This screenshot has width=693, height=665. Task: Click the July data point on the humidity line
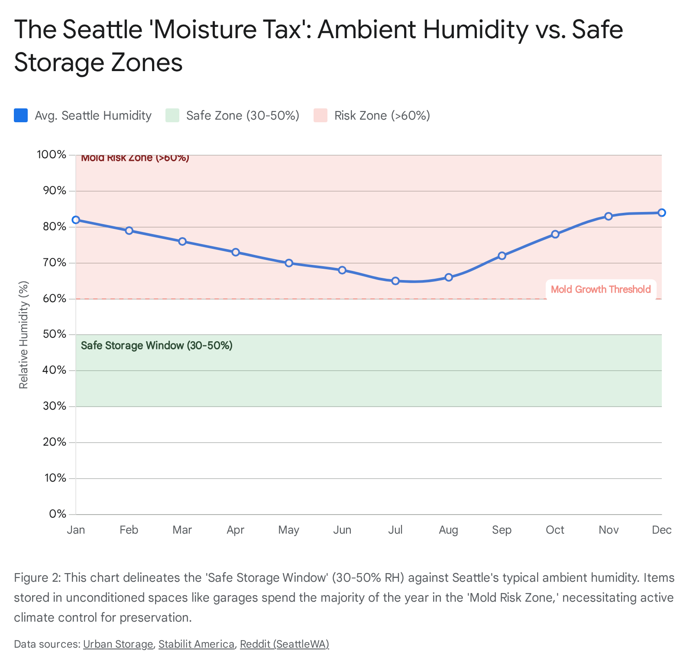coord(395,281)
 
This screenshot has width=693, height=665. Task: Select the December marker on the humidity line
coord(662,213)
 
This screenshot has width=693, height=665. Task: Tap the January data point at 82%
coord(76,220)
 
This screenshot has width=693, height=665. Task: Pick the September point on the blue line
coord(502,256)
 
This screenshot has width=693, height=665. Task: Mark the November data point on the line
coord(609,216)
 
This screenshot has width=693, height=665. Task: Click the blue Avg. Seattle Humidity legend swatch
coord(21,115)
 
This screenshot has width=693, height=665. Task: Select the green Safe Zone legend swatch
coord(172,115)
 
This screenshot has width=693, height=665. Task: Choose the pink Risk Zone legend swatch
coord(321,115)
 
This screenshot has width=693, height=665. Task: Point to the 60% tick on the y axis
coord(55,299)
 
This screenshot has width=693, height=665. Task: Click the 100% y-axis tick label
coord(52,155)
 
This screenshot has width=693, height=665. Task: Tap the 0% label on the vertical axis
coord(58,514)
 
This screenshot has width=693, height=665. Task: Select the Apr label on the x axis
coord(236,530)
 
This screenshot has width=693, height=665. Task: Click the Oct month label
coord(555,530)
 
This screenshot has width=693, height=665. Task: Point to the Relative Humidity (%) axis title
coord(24,335)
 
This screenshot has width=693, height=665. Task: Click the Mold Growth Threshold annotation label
coord(601,289)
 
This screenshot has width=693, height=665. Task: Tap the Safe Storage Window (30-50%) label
coord(157,346)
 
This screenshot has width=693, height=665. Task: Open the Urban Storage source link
coord(118,644)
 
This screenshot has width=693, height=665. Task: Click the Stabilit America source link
coord(196,644)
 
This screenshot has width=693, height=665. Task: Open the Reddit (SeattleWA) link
coord(285,644)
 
